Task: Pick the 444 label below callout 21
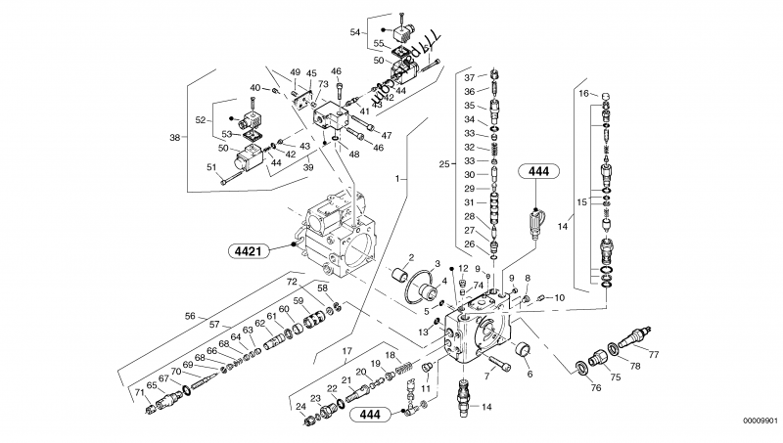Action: tap(369, 415)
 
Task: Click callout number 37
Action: tap(469, 77)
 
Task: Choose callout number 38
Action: tap(175, 138)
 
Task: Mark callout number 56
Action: tap(191, 315)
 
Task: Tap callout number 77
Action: tap(653, 354)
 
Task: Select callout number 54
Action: tap(355, 32)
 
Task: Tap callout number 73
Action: tap(321, 86)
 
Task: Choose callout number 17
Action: tap(347, 349)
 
